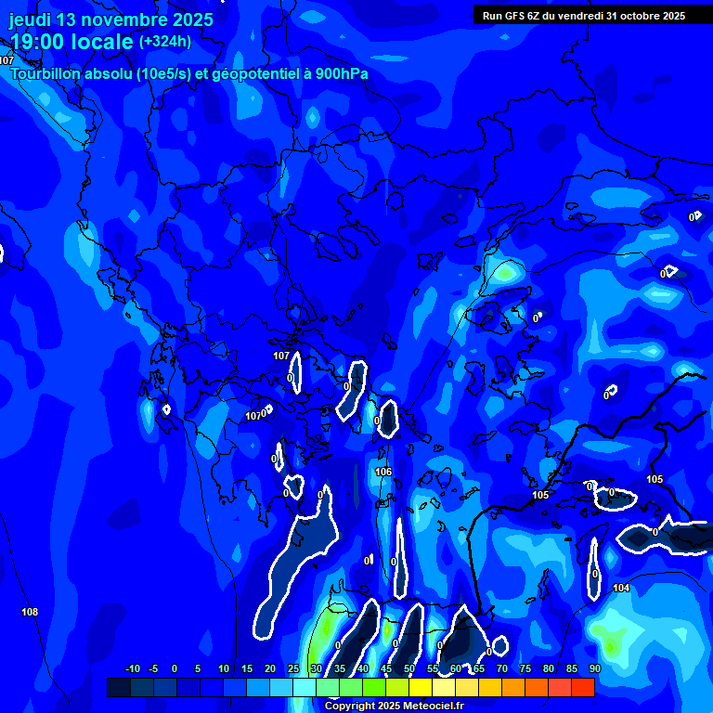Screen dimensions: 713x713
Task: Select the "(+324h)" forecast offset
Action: (x=165, y=42)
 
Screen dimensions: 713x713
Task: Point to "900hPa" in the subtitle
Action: (x=344, y=74)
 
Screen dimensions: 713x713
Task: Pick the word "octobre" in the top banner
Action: (x=633, y=16)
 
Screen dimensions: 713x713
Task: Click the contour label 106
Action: (x=383, y=473)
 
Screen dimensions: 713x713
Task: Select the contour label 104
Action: (x=621, y=589)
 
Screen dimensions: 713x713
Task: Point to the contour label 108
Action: (x=30, y=612)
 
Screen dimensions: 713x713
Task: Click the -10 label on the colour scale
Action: (x=132, y=669)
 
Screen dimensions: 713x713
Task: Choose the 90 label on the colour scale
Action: (x=594, y=669)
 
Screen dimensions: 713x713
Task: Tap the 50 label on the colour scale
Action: (x=408, y=669)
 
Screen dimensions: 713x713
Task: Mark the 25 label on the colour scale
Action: (x=292, y=669)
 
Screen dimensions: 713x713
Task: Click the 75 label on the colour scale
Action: (x=525, y=669)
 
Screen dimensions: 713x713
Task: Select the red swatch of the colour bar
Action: (x=582, y=687)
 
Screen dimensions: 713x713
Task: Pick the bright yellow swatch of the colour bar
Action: (x=420, y=687)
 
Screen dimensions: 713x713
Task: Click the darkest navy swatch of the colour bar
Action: (x=118, y=687)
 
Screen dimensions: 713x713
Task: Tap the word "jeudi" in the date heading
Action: (x=30, y=19)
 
